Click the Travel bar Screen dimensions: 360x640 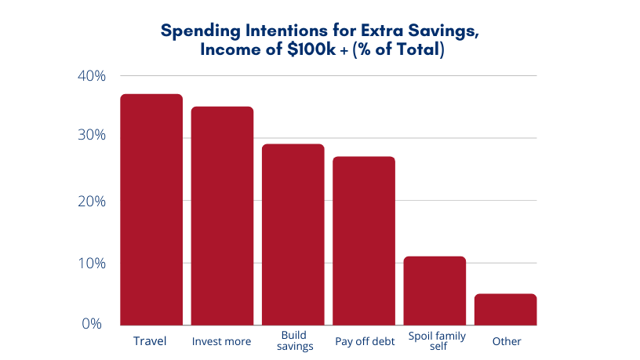coord(151,209)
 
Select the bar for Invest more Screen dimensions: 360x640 coord(222,216)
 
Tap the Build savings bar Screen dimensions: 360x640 coord(293,235)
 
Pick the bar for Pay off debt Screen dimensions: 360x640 coord(364,241)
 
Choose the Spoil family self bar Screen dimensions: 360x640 coord(435,290)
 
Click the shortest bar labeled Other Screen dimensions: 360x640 coord(506,309)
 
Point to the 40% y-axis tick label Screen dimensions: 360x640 coord(92,76)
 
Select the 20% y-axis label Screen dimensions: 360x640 coord(92,200)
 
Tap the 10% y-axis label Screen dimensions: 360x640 coord(92,262)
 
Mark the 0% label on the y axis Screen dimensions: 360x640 coord(92,323)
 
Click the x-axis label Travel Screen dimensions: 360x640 coord(151,341)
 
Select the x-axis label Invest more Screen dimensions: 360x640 coord(222,341)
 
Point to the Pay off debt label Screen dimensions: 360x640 coord(364,341)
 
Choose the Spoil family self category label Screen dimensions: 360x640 coord(437,341)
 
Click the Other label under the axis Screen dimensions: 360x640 coord(507,341)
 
